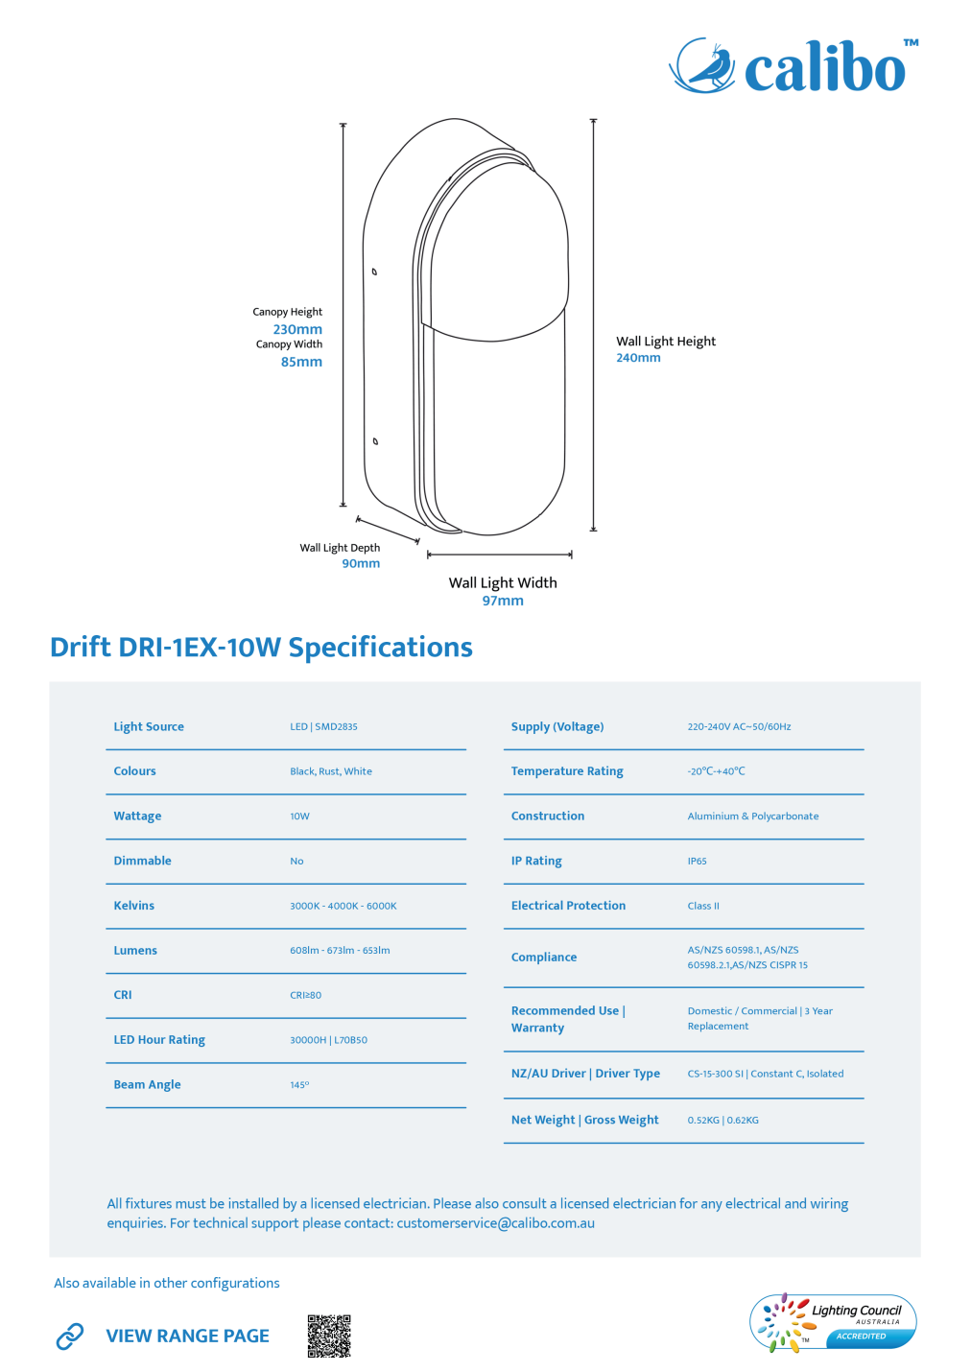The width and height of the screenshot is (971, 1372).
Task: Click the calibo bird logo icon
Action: click(702, 65)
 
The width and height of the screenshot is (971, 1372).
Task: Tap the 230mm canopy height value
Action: click(297, 329)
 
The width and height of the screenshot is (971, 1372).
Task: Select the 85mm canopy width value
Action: click(301, 362)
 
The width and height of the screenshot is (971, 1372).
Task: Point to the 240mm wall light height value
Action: click(638, 358)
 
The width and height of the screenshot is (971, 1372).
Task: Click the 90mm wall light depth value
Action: click(361, 563)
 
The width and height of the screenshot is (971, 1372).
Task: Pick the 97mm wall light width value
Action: click(503, 601)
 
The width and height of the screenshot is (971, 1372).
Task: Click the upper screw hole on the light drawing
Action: click(374, 272)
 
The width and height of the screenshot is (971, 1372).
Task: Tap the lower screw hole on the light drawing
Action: click(375, 441)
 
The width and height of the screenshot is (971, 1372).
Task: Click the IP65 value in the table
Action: click(698, 861)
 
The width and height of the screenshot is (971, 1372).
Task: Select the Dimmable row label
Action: click(142, 861)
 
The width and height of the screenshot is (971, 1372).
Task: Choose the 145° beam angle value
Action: click(299, 1085)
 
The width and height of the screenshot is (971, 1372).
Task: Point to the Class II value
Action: click(703, 906)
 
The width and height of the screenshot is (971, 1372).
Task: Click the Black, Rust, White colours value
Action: click(331, 771)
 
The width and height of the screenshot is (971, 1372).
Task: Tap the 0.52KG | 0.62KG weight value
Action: click(722, 1120)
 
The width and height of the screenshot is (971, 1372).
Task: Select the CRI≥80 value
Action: click(306, 995)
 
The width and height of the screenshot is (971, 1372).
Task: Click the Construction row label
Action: click(548, 816)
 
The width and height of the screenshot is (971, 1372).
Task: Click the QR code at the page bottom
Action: click(329, 1336)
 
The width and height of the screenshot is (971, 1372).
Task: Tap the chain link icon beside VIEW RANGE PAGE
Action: click(70, 1336)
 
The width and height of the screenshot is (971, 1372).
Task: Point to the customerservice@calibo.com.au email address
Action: click(496, 1223)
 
